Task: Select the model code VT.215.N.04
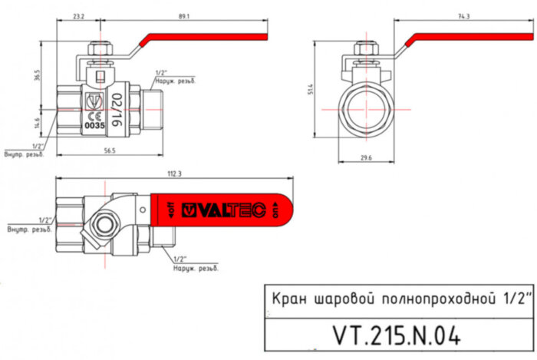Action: pyautogui.click(x=397, y=335)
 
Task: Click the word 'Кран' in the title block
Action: pyautogui.click(x=288, y=298)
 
